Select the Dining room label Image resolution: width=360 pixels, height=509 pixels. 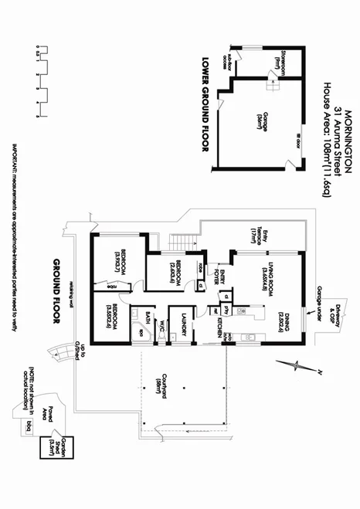point(281,317)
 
